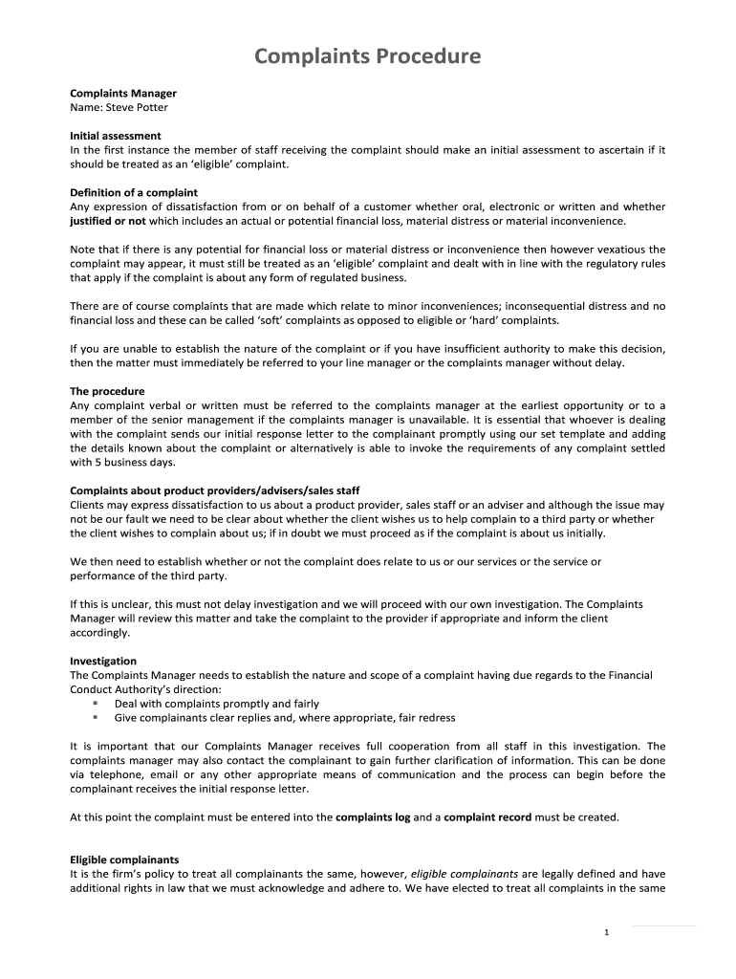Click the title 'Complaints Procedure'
[367, 57]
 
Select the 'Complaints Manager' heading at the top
[123, 93]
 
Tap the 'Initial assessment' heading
[116, 136]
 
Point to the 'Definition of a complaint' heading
[134, 192]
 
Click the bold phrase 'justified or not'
[108, 221]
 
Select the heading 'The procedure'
[107, 391]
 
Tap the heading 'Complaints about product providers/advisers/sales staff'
[215, 490]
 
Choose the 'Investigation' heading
[103, 661]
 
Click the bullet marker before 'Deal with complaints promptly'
[96, 704]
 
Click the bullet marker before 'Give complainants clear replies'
[96, 718]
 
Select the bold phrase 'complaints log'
[373, 817]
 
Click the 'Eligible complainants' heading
[124, 859]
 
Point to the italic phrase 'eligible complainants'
[464, 874]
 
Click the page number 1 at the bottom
[607, 933]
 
